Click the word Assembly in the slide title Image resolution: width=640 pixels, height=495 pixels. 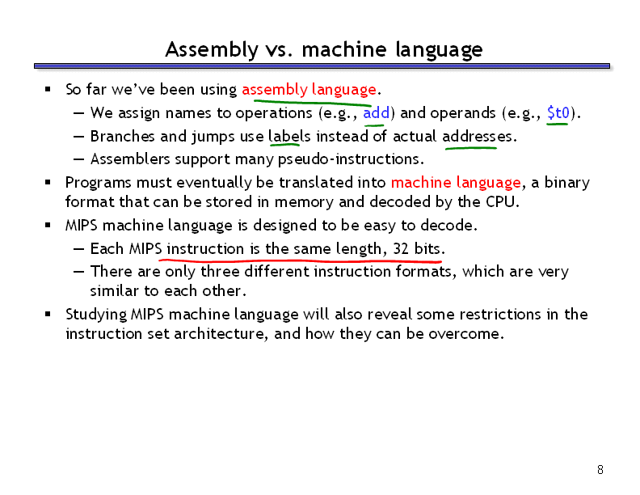pos(212,50)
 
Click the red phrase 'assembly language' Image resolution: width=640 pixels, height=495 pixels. pos(309,90)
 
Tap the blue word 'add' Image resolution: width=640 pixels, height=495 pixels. pos(377,112)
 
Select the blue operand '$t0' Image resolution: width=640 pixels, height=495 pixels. pos(558,112)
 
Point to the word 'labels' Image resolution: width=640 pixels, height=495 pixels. pos(289,136)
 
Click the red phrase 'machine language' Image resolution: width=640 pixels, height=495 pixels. pos(456,183)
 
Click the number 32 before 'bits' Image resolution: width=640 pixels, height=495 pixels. pos(401,249)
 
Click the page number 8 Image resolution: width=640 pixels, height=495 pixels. pos(600,470)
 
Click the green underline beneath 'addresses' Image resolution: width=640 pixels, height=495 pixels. pos(471,148)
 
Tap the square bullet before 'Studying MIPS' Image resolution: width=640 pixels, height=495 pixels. pos(48,314)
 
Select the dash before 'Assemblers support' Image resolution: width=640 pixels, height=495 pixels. pos(78,159)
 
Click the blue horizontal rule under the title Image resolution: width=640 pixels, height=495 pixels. pos(322,66)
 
